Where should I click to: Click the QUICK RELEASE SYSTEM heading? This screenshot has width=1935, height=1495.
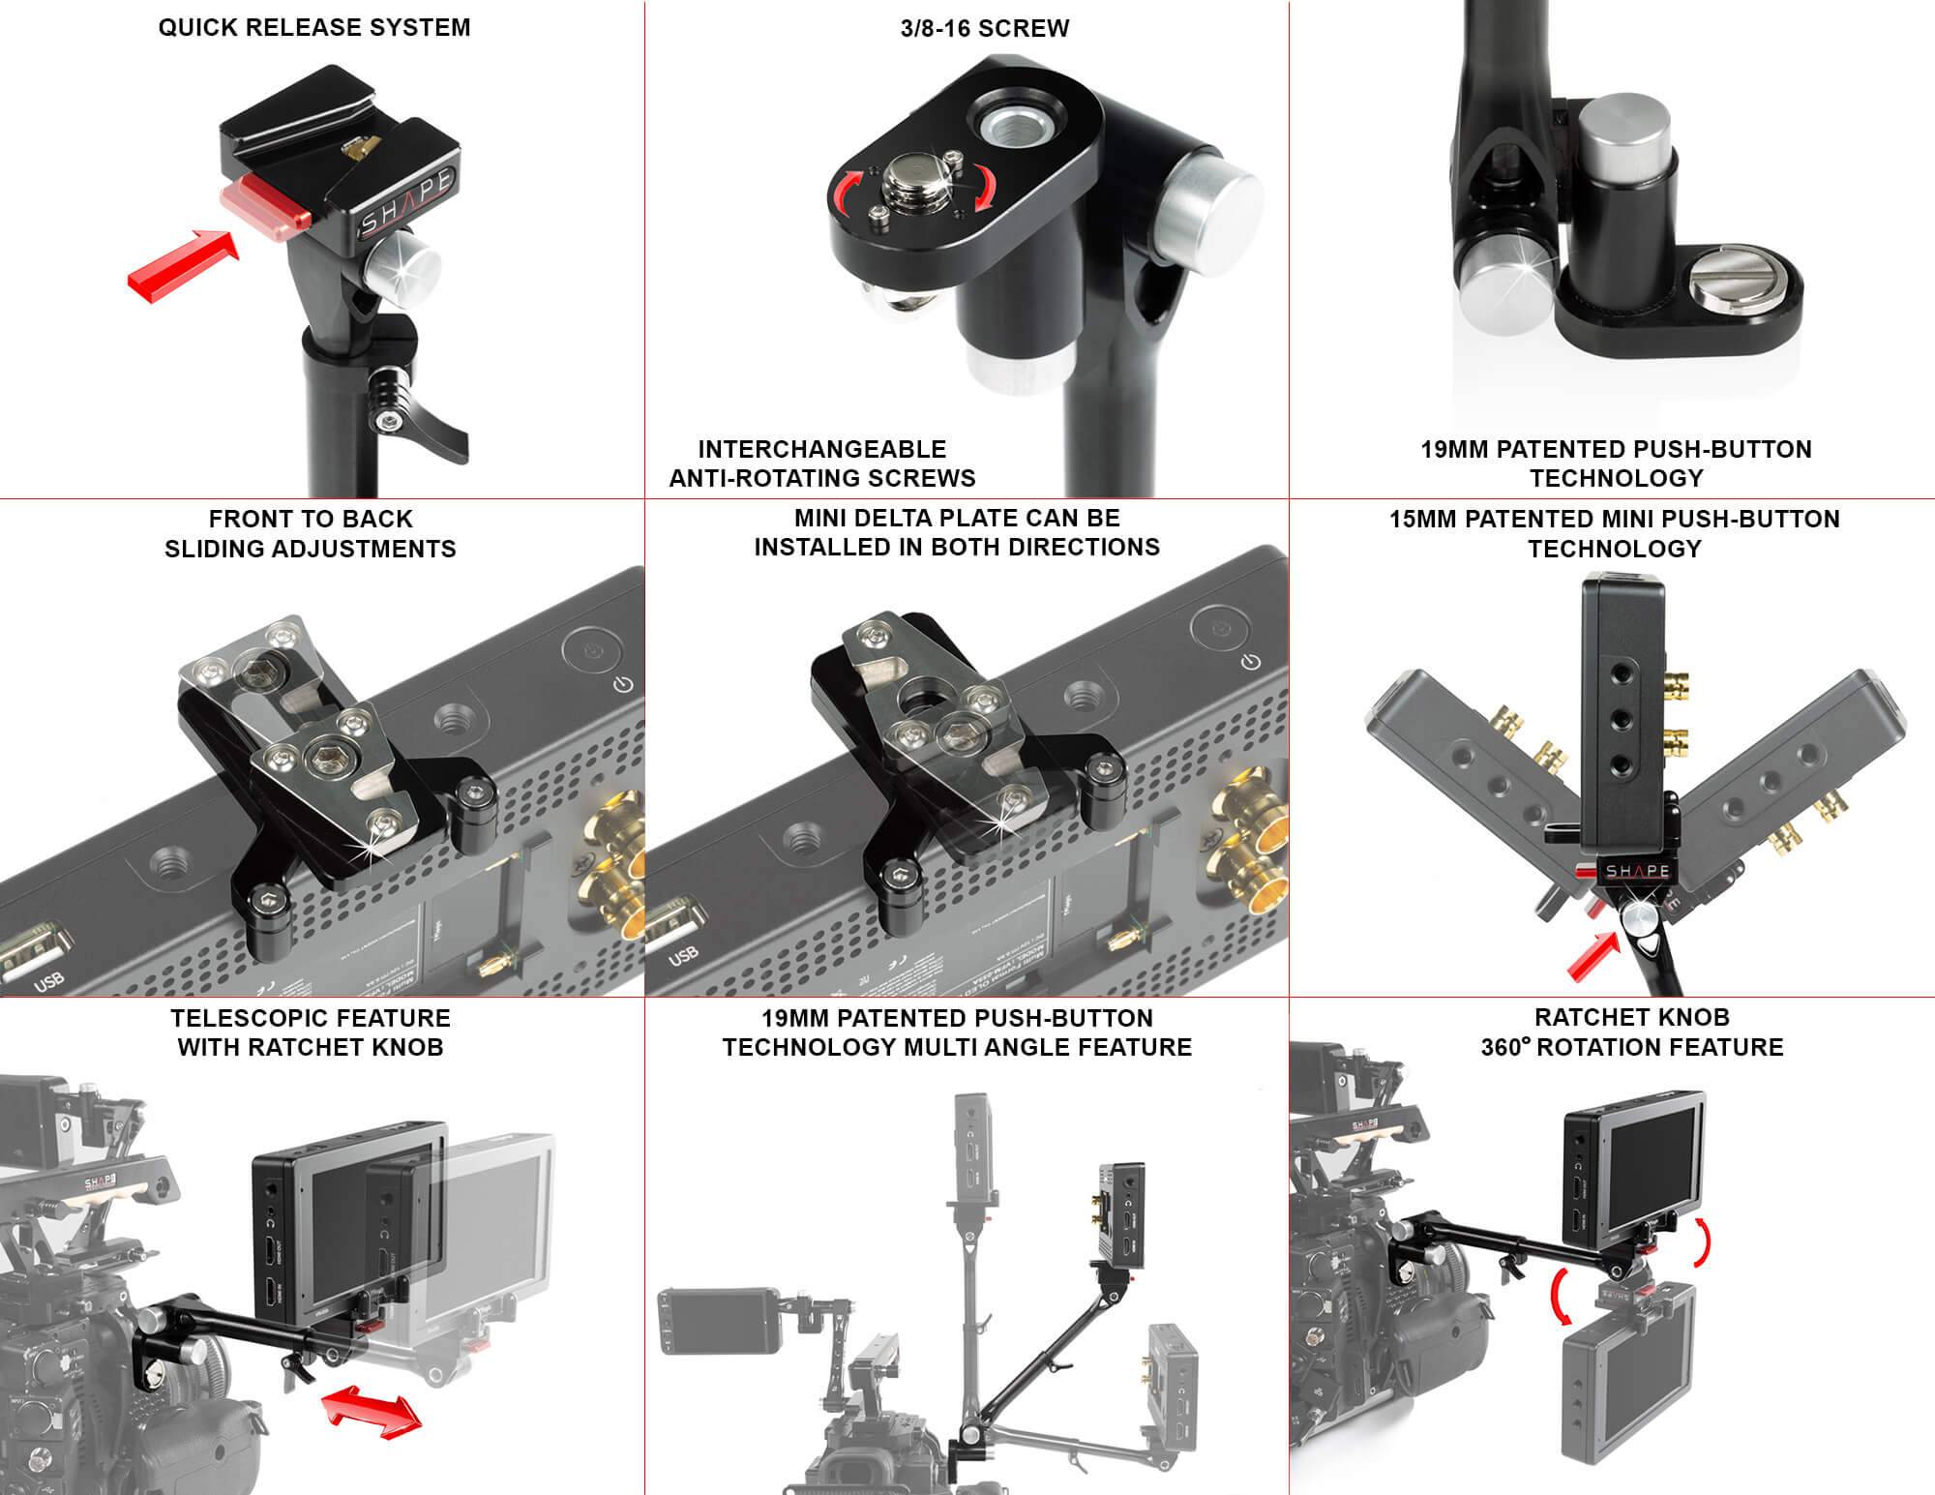[x=314, y=27]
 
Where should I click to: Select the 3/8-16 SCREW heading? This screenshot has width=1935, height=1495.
[x=985, y=28]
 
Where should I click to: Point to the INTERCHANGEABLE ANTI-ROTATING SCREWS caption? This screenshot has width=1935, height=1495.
[x=822, y=463]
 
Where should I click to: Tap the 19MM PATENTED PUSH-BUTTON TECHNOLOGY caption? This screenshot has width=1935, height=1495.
[x=1616, y=463]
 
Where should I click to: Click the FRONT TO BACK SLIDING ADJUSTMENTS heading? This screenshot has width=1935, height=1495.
[x=311, y=533]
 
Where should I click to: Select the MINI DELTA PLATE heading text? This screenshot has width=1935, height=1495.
[x=957, y=532]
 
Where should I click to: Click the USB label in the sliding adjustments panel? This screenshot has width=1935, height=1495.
[x=49, y=979]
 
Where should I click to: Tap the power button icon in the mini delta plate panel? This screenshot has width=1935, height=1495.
[x=1251, y=662]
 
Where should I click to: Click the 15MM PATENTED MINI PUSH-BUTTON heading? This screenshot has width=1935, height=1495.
[x=1615, y=533]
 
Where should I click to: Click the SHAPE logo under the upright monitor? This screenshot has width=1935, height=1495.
[x=1637, y=871]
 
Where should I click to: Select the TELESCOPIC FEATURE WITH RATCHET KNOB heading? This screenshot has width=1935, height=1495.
[x=311, y=1032]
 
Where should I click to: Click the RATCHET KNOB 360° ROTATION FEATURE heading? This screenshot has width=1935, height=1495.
[x=1631, y=1032]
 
